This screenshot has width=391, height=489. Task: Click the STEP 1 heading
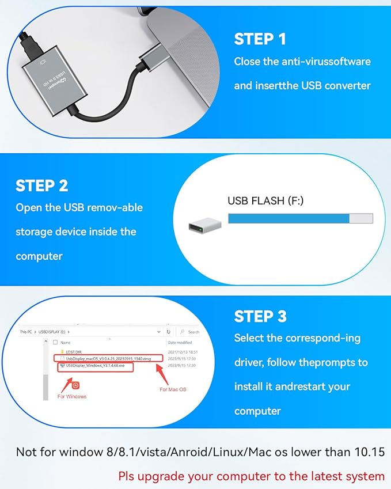point(260,39)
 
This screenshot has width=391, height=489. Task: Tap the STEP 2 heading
point(42,185)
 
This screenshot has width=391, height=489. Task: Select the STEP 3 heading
point(260,316)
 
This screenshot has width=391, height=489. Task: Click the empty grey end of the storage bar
point(361,218)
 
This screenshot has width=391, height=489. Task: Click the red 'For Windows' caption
point(72,396)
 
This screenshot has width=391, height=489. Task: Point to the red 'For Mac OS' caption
point(173,390)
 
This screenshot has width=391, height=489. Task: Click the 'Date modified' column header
point(179,342)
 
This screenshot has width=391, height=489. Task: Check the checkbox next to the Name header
point(55,342)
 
